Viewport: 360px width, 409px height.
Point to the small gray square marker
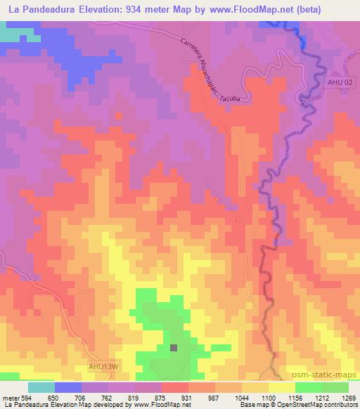pyautogui.click(x=174, y=346)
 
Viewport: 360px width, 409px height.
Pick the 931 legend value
pyautogui.click(x=187, y=397)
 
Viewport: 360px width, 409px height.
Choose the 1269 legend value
pyautogui.click(x=347, y=397)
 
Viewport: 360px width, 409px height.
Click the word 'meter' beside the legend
pyautogui.click(x=11, y=397)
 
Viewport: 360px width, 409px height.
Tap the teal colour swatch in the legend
pyautogui.click(x=41, y=387)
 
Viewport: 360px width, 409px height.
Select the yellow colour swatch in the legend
pyautogui.click(x=282, y=387)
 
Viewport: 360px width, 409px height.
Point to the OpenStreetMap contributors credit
pyautogui.click(x=310, y=405)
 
